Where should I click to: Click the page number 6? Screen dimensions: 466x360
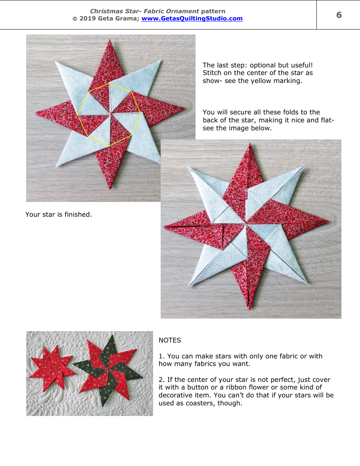(339, 15)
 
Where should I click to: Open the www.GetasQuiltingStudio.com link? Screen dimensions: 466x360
(192, 18)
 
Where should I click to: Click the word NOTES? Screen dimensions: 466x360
(170, 340)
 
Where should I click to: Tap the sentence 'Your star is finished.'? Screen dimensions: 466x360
(59, 214)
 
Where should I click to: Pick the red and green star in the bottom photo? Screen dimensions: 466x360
(108, 371)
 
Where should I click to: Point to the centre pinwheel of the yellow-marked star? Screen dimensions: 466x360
(110, 113)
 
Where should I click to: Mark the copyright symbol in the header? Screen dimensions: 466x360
(75, 19)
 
